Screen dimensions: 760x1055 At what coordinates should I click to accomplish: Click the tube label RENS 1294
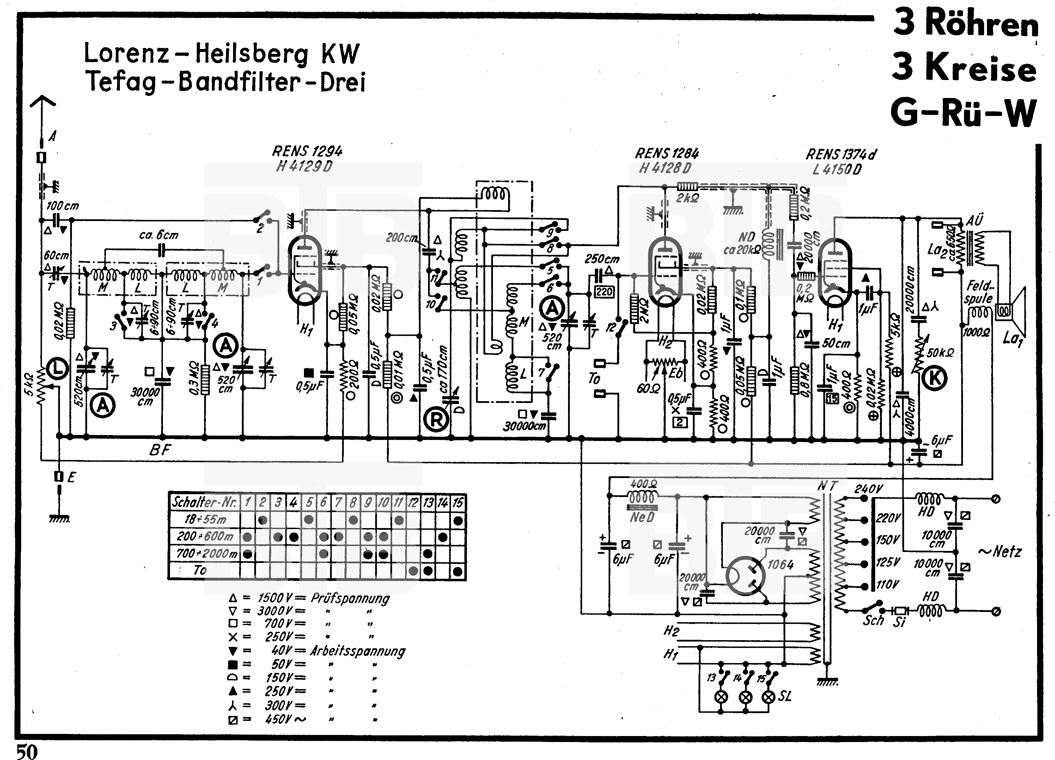(x=307, y=152)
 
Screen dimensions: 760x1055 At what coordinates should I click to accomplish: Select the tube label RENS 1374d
(x=841, y=154)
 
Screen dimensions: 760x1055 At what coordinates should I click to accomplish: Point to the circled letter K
(x=934, y=379)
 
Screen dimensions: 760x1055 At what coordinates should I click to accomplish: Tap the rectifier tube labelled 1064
(x=745, y=576)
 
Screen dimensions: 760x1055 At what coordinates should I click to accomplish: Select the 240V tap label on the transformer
(x=868, y=489)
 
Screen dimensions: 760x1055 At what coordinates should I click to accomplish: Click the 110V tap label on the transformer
(x=888, y=584)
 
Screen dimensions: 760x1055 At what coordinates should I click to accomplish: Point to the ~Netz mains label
(x=1000, y=552)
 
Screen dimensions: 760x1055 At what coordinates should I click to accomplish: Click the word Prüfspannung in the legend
(x=350, y=598)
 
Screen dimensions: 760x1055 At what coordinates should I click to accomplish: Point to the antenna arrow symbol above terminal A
(x=42, y=102)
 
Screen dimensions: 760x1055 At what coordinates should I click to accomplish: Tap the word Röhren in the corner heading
(x=982, y=23)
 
